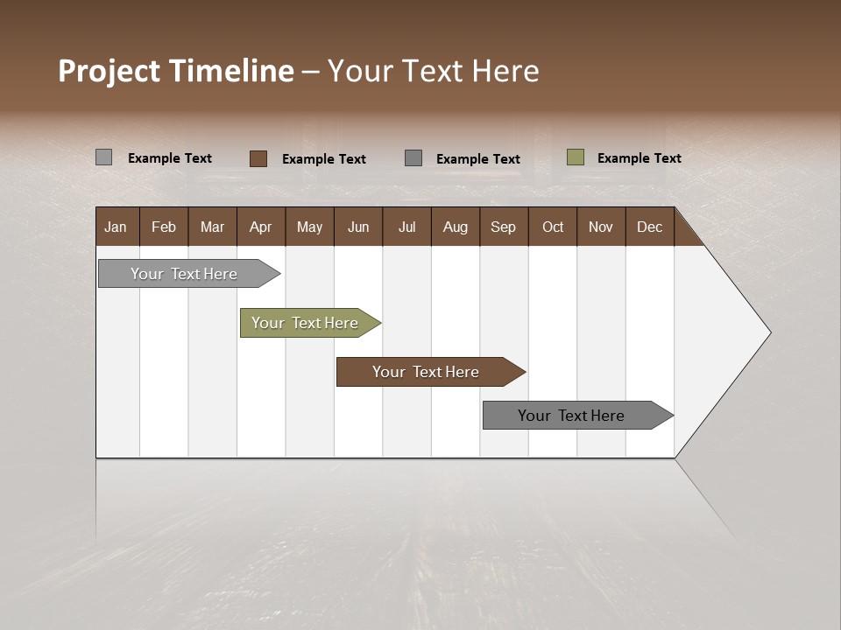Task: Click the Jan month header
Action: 117,227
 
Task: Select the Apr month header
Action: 260,227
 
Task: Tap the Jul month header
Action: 406,227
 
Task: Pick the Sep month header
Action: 503,227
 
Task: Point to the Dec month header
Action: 649,227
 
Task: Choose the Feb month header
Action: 164,227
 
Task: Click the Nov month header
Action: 601,227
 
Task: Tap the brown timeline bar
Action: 427,372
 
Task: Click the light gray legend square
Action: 104,157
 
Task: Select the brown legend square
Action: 258,158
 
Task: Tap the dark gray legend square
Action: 413,158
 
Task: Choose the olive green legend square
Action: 576,157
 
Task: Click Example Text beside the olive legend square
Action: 639,158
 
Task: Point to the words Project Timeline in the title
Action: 175,71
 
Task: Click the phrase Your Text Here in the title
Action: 434,71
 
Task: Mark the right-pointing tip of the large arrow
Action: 768,332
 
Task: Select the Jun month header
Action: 357,227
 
